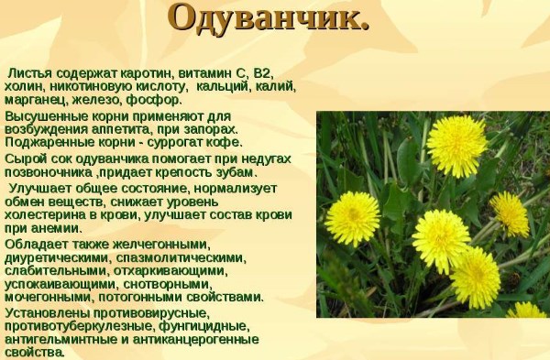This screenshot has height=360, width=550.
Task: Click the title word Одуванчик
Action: pos(269,21)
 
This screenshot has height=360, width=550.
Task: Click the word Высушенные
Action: pos(47,115)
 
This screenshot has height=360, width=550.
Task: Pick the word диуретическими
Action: pos(50,257)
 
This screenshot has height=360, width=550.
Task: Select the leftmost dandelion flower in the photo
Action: pos(352,218)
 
